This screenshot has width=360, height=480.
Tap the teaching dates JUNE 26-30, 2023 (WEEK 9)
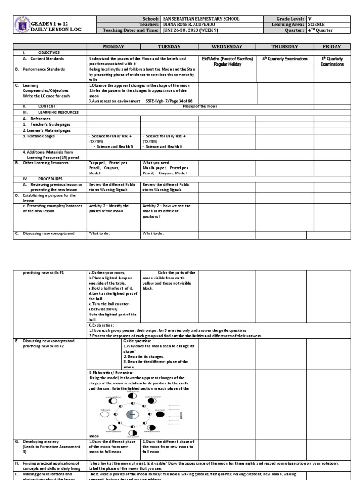pos(194,30)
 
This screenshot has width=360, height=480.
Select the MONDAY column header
pos(114,47)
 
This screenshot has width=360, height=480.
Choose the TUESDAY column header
pos(169,47)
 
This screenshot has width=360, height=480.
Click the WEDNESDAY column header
pos(227,47)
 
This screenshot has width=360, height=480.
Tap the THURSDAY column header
pos(285,47)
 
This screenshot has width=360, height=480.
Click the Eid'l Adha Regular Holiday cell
pos(227,61)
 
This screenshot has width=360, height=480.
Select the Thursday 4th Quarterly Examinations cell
pos(285,59)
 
